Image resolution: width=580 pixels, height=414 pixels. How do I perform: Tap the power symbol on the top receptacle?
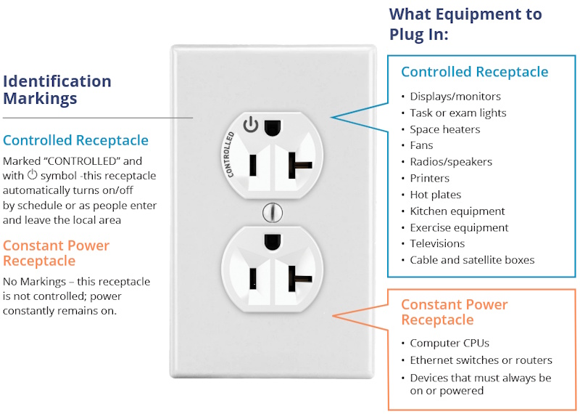pos(251,125)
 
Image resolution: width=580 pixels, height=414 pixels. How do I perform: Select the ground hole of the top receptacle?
pos(273,126)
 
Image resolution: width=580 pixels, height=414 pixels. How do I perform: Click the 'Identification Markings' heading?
pos(57,89)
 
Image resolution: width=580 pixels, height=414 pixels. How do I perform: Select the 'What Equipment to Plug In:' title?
pos(465,24)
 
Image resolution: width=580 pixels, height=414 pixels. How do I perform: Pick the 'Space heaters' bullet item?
pos(444,129)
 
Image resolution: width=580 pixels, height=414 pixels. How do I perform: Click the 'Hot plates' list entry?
pos(435,195)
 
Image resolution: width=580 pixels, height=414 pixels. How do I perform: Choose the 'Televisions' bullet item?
pos(437,243)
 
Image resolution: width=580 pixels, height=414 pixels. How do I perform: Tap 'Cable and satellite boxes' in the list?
pos(472,260)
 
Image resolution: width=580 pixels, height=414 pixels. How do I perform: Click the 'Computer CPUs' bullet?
pos(449,343)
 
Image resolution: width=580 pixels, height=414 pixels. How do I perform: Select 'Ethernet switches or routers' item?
pos(481,360)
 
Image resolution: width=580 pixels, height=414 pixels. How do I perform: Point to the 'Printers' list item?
pos(429,178)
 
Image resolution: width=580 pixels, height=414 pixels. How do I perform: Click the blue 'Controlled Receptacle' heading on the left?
pos(75,140)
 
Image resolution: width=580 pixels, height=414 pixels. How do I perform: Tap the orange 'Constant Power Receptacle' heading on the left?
pos(56,253)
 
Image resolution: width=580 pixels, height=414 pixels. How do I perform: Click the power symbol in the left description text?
pos(32,176)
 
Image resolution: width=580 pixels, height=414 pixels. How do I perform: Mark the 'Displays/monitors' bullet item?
pos(455,96)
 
